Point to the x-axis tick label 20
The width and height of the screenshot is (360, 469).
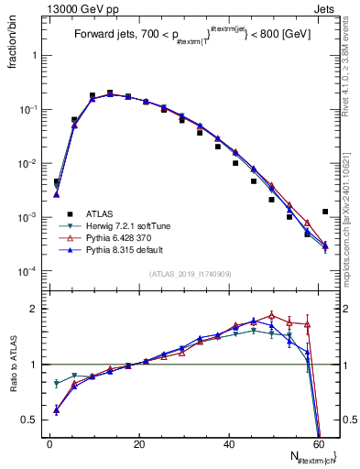138,444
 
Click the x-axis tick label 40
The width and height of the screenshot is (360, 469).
228,444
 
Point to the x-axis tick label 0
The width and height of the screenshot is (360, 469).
49,444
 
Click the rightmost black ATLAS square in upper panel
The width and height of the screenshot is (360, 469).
325,212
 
